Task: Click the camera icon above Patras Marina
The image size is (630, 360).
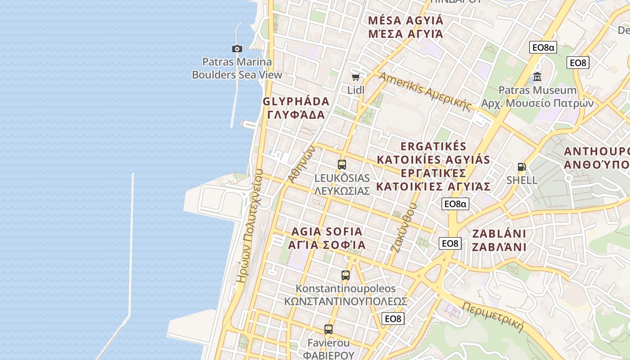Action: pyautogui.click(x=237, y=49)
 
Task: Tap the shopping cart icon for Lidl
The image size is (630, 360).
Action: pyautogui.click(x=355, y=77)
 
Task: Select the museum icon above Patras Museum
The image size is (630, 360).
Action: pyautogui.click(x=537, y=76)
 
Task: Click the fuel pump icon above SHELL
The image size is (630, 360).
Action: pyautogui.click(x=522, y=167)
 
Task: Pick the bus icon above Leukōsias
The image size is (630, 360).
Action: pyautogui.click(x=342, y=165)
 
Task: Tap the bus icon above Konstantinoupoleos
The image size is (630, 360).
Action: pyautogui.click(x=345, y=275)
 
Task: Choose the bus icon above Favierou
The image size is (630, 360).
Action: pyautogui.click(x=328, y=329)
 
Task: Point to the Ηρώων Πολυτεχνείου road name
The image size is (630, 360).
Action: pyautogui.click(x=250, y=225)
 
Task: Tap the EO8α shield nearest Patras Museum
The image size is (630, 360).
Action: pyautogui.click(x=543, y=47)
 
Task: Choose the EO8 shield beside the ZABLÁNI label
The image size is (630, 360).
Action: pyautogui.click(x=450, y=243)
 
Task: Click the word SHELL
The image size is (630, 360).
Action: pyautogui.click(x=522, y=180)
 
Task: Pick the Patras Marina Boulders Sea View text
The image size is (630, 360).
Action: pyautogui.click(x=237, y=68)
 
